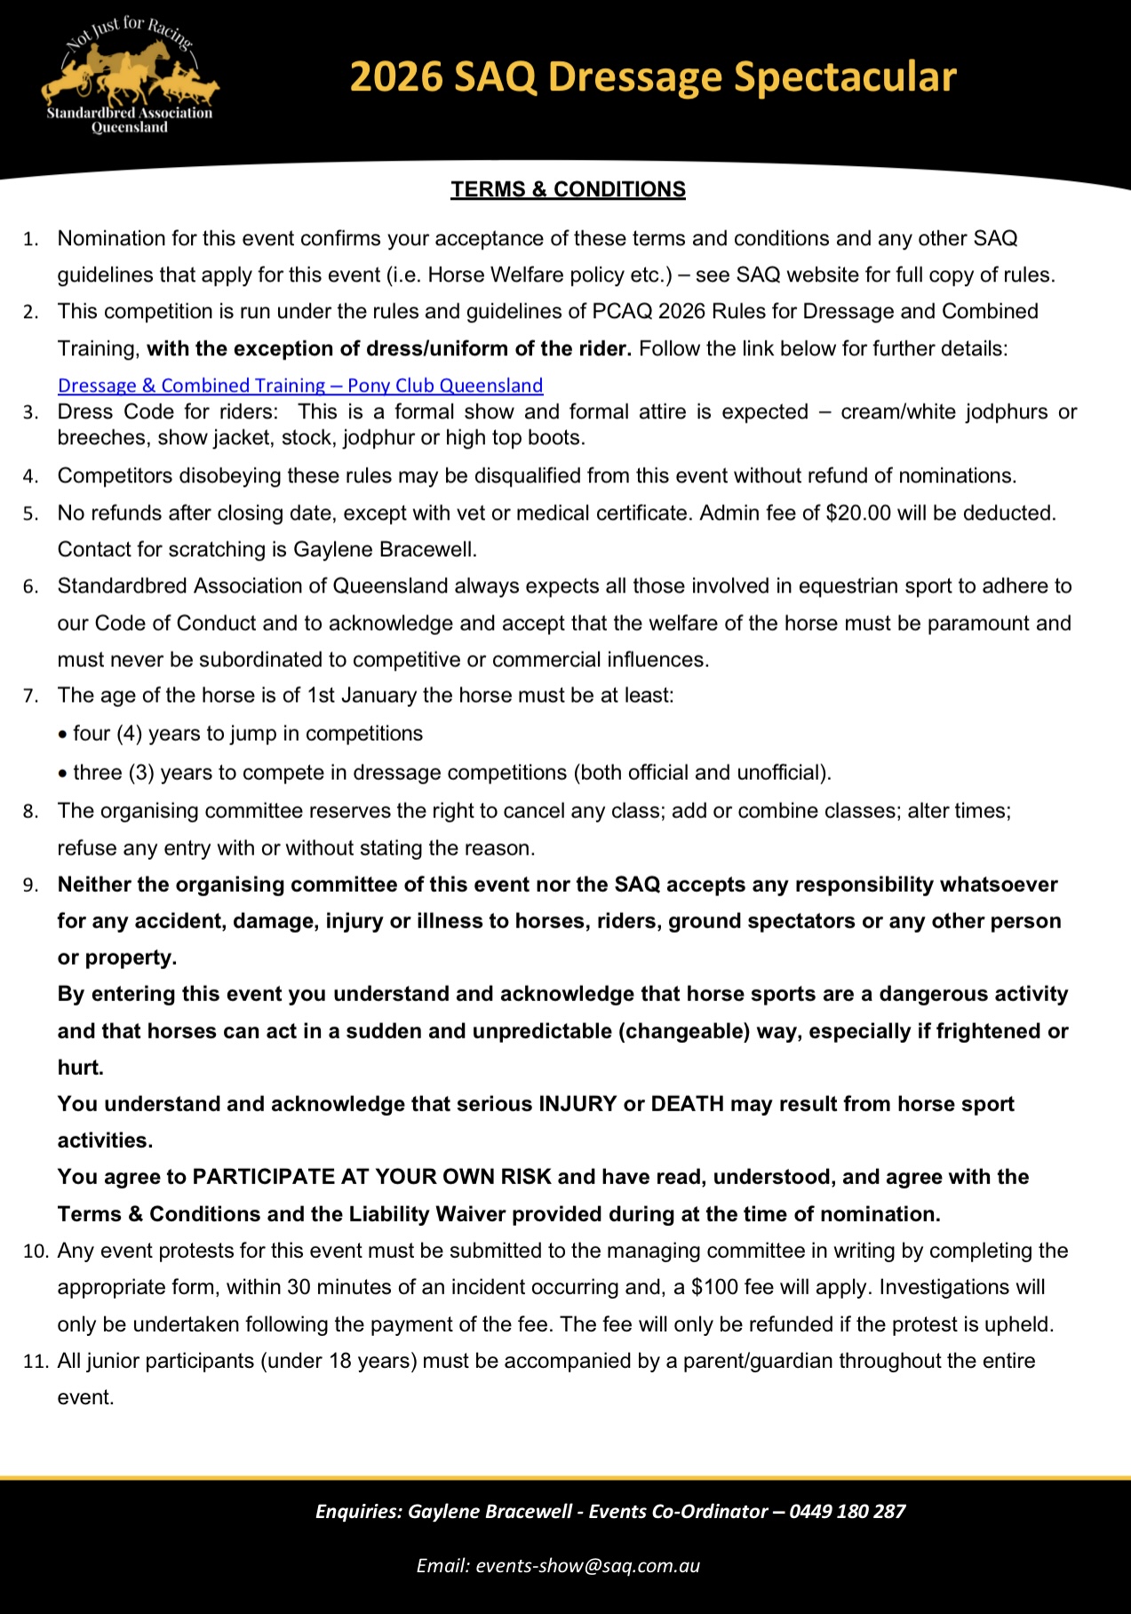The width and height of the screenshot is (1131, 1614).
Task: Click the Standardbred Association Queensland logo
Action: click(130, 78)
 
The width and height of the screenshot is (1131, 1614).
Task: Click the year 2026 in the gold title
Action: click(395, 77)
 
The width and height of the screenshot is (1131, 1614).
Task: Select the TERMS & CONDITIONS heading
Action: click(568, 189)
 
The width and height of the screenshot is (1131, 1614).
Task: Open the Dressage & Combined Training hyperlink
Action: click(299, 386)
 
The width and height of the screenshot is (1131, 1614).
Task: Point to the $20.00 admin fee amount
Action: click(857, 513)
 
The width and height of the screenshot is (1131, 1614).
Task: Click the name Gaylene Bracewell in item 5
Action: click(384, 549)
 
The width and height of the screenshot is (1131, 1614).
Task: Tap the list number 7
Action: click(31, 696)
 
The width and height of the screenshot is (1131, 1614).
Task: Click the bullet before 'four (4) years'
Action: click(62, 735)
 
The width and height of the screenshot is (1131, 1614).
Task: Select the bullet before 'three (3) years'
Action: click(62, 774)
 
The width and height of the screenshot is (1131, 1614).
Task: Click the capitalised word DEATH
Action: click(687, 1103)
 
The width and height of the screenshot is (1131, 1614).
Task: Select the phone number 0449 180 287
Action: click(847, 1511)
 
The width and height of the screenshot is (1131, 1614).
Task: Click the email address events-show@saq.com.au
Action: click(587, 1566)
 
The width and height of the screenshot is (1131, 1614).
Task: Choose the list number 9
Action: click(31, 886)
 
